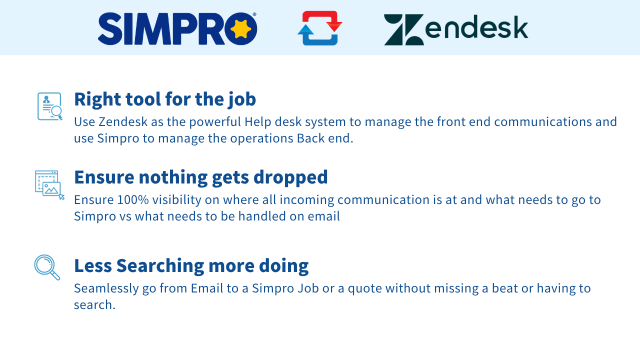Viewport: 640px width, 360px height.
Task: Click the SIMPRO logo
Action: point(177,28)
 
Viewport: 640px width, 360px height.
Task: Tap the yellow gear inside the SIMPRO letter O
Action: point(240,29)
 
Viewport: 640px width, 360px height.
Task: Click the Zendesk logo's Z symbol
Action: point(403,29)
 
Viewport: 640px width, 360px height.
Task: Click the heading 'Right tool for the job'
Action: point(165,99)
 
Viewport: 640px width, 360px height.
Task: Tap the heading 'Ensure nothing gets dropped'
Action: point(201,177)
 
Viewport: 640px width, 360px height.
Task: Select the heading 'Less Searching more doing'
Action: point(191,265)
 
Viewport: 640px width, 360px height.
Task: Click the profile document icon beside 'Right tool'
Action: point(50,106)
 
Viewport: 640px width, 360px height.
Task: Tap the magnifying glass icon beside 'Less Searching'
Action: point(47,267)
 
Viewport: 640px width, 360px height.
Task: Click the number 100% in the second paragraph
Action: point(133,199)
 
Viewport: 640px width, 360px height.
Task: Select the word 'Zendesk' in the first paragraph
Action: point(123,121)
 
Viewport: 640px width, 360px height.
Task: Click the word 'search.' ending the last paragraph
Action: point(94,305)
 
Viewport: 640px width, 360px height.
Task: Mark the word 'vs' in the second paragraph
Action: point(125,216)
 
